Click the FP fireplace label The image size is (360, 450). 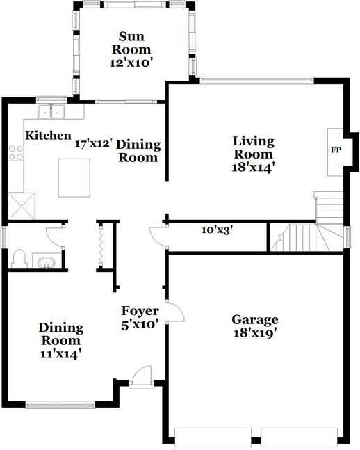(x=336, y=150)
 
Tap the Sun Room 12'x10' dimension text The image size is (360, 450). (x=131, y=63)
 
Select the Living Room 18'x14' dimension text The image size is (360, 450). (x=252, y=168)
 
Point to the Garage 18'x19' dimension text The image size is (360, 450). (x=255, y=333)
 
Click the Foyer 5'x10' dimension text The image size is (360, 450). (x=140, y=325)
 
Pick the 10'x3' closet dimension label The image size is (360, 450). (x=217, y=230)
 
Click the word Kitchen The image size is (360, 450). (x=48, y=136)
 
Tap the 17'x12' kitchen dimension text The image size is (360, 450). (x=93, y=143)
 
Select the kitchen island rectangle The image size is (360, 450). (x=74, y=178)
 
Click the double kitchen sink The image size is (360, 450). (x=51, y=111)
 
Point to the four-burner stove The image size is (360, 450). (x=16, y=153)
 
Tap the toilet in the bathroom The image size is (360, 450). (x=19, y=259)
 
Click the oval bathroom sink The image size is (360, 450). (x=47, y=263)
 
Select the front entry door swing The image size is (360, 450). (x=140, y=374)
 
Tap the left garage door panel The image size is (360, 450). (x=213, y=437)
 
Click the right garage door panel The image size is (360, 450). (x=299, y=437)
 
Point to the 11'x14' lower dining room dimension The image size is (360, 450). (x=59, y=355)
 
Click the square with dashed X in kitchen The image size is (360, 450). (x=22, y=206)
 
